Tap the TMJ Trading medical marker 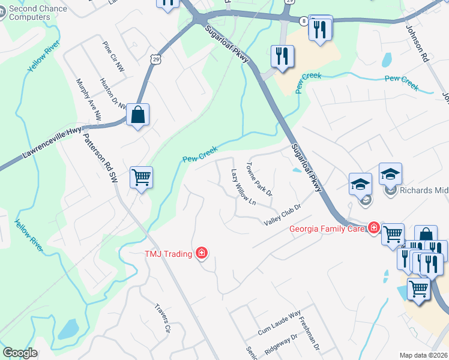point(202,253)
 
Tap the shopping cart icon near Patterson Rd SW point(141,177)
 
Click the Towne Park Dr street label point(260,178)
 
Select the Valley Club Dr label point(282,215)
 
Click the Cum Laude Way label point(279,323)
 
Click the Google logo point(20,353)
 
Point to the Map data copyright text point(424,355)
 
